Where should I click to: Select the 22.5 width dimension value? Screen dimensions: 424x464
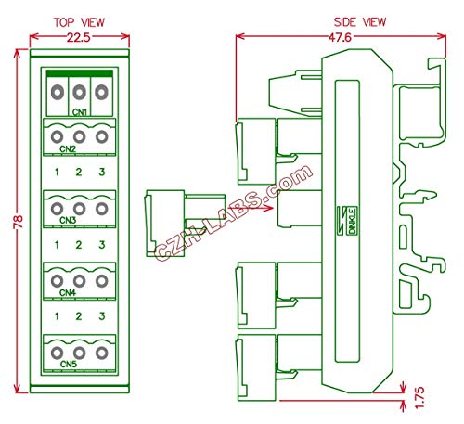pos(78,37)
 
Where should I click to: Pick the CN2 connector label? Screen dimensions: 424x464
pos(68,148)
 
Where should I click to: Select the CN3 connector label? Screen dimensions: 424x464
pos(68,220)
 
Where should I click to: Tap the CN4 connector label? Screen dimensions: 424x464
pos(68,292)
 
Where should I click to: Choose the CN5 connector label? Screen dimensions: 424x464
pos(68,365)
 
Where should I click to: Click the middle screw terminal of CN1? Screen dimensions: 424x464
pos(79,92)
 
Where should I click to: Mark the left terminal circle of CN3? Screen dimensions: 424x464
pos(57,208)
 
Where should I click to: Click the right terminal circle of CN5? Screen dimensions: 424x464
pos(101,353)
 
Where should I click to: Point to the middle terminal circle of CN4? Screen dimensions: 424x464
pos(79,280)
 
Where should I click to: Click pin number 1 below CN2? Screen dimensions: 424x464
pos(57,173)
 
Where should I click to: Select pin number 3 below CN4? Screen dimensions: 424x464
pos(101,317)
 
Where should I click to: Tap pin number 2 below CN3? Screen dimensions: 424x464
pos(79,245)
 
